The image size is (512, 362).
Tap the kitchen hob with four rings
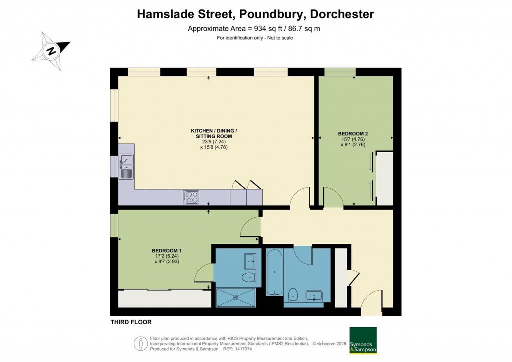[x=191, y=197]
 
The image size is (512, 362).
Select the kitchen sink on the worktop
[x=126, y=166]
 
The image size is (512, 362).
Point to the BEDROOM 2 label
[x=353, y=134]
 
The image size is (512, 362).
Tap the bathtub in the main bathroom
[x=274, y=273]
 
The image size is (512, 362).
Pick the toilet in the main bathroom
[x=293, y=295]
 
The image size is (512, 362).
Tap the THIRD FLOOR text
[x=131, y=322]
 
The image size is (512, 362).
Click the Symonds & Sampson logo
[x=362, y=341]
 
